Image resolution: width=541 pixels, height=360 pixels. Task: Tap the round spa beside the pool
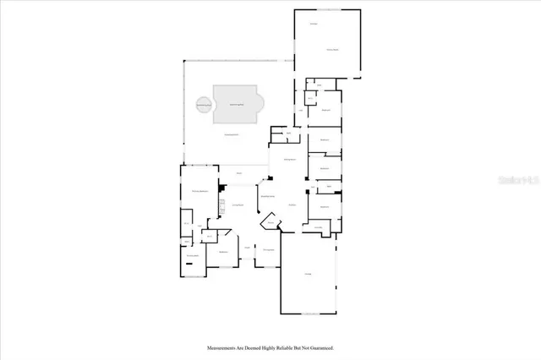[x=204, y=105]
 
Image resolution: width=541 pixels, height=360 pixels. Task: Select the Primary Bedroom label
[x=199, y=192]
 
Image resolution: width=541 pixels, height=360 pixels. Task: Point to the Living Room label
[x=239, y=205]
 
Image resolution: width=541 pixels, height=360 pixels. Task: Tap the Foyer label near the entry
[x=247, y=247]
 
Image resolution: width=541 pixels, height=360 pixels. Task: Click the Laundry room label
[x=319, y=226]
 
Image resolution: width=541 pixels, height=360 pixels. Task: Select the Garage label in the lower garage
[x=309, y=273]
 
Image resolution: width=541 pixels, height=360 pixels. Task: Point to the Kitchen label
[x=292, y=205]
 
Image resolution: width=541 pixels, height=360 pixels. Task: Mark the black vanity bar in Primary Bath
[x=190, y=264]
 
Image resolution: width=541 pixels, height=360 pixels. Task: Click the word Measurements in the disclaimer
[x=222, y=347]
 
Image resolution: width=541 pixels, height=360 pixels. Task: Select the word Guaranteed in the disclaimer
[x=320, y=347]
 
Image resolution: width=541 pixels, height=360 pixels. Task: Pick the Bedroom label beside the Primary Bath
[x=224, y=252]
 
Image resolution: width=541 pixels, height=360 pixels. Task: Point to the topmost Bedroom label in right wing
[x=325, y=110]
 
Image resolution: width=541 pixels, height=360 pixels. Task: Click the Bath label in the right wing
[x=329, y=186]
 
